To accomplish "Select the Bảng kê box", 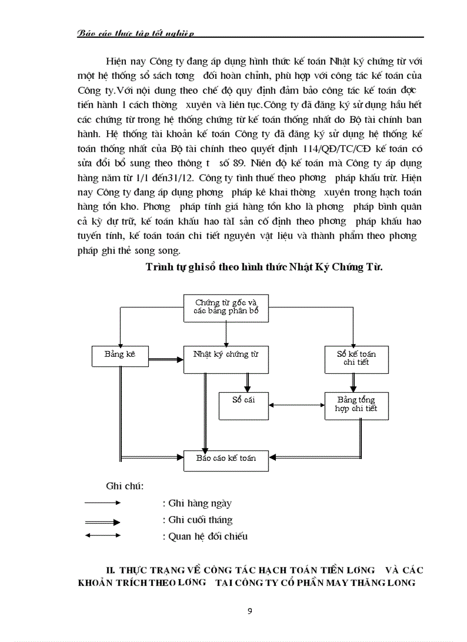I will [119, 355].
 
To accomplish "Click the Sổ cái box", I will [243, 405].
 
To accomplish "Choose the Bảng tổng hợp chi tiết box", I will [357, 405].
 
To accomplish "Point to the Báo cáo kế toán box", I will [226, 459].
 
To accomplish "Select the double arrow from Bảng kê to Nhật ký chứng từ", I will [165, 360].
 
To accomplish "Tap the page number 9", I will [249, 611].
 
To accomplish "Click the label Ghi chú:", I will [124, 486].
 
